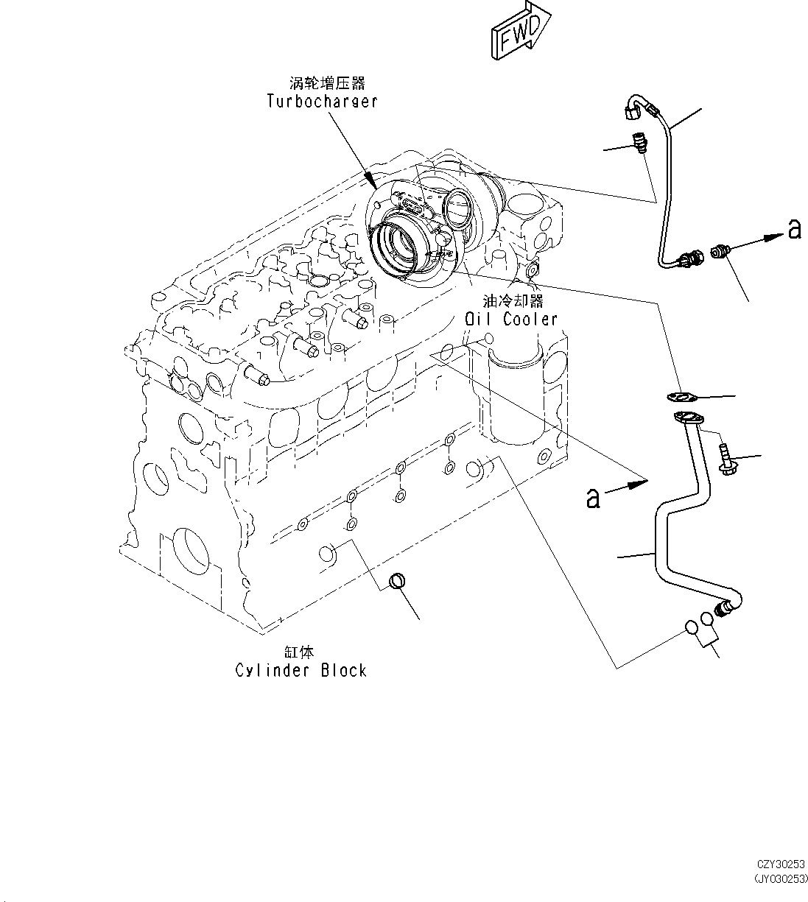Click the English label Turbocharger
(x=322, y=101)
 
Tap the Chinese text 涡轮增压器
(x=326, y=83)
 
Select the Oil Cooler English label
(x=510, y=319)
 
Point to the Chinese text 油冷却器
(x=513, y=301)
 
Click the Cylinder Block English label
(x=301, y=670)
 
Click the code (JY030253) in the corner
(x=779, y=878)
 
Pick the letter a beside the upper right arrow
(x=793, y=229)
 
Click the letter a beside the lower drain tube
(x=593, y=498)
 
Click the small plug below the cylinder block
(x=397, y=581)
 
